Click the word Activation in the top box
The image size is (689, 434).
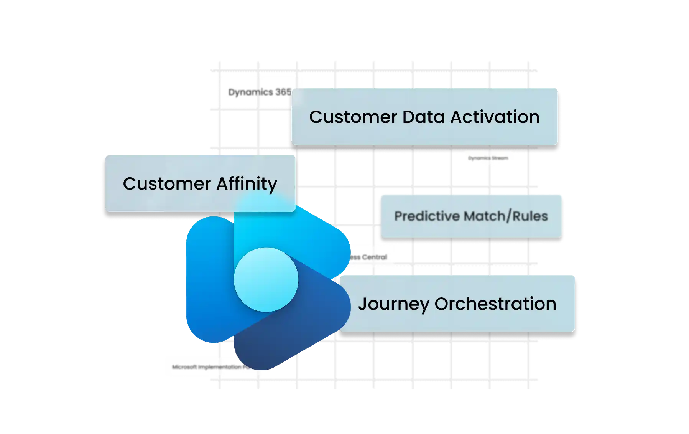[495, 117]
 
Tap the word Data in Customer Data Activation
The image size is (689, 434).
[424, 117]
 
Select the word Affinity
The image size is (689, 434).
[247, 184]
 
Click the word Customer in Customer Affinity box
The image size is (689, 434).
[167, 184]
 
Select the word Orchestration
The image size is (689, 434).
[495, 304]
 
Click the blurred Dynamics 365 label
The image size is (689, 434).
[259, 92]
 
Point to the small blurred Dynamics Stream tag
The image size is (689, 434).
[488, 158]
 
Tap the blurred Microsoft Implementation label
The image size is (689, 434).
[207, 367]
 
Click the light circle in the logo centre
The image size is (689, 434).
[266, 279]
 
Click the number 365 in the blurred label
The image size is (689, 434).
[283, 92]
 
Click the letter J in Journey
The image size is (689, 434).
[362, 304]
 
